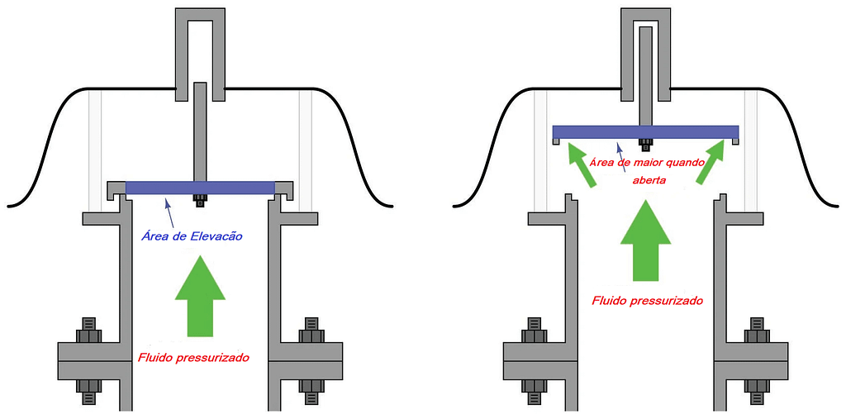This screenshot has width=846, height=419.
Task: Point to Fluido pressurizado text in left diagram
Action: coord(192,358)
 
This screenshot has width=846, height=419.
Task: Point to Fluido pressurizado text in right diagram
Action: coord(647,301)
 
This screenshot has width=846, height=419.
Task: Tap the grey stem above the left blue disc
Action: coord(199,132)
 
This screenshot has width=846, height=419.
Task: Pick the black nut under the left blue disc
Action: coord(199,199)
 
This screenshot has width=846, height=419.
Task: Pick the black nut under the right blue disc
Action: coord(645,144)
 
